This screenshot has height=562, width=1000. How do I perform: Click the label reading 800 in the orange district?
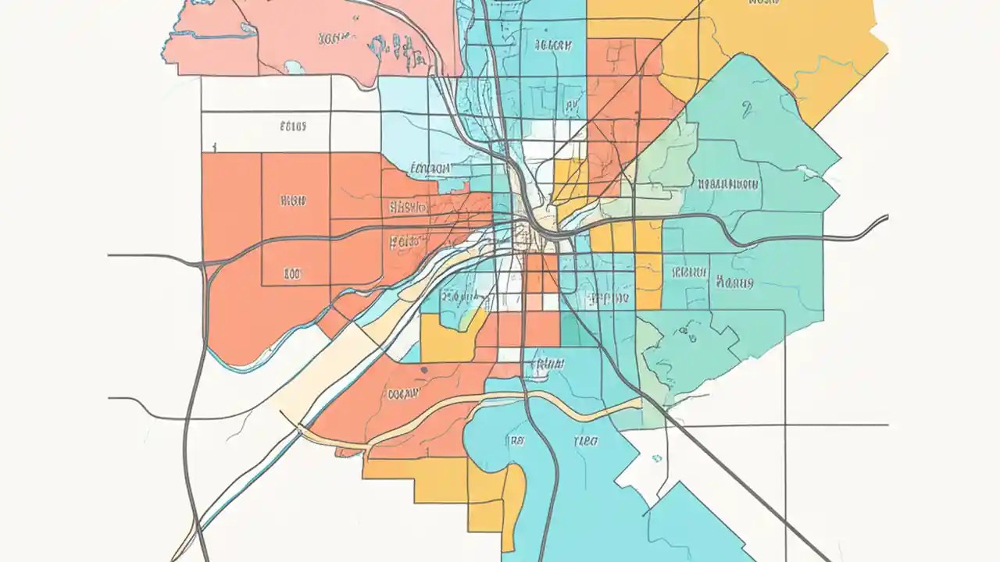pyautogui.click(x=292, y=274)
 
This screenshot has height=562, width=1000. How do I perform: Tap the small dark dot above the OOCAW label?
pyautogui.click(x=423, y=369)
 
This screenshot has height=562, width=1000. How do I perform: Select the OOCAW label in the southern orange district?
pyautogui.click(x=404, y=394)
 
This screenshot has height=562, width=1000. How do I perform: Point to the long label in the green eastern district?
pyautogui.click(x=728, y=185)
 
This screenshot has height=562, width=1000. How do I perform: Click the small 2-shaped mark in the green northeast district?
pyautogui.click(x=748, y=110)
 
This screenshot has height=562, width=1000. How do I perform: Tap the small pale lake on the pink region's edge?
pyautogui.click(x=295, y=68)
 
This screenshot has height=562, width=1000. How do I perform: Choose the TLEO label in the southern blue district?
pyautogui.click(x=586, y=441)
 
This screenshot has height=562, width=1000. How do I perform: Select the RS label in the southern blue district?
pyautogui.click(x=516, y=441)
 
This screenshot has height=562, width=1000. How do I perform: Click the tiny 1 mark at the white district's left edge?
pyautogui.click(x=213, y=146)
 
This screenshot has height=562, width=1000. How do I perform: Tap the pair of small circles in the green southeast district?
pyautogui.click(x=687, y=335)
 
